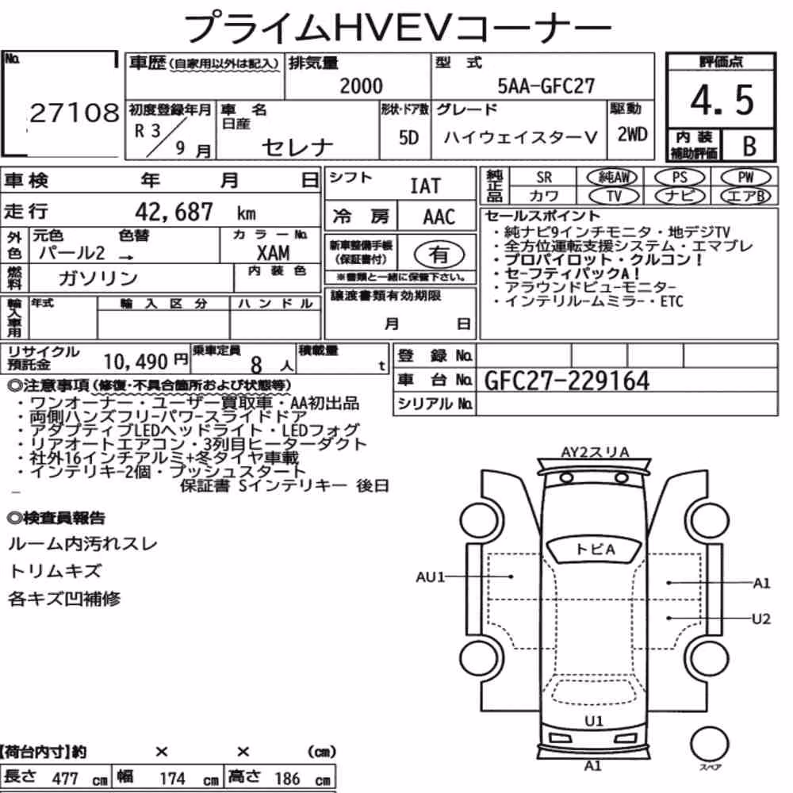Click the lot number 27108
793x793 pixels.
click(x=75, y=113)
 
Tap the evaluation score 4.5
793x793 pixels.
click(x=722, y=100)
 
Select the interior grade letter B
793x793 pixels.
click(x=749, y=146)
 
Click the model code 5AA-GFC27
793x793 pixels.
click(x=546, y=86)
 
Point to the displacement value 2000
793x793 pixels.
click(x=361, y=86)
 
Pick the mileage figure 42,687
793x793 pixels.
click(x=174, y=212)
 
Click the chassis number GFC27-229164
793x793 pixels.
click(x=566, y=381)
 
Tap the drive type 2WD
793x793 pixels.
click(x=632, y=135)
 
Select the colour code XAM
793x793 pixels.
click(x=273, y=252)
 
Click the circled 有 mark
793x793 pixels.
click(x=439, y=255)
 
